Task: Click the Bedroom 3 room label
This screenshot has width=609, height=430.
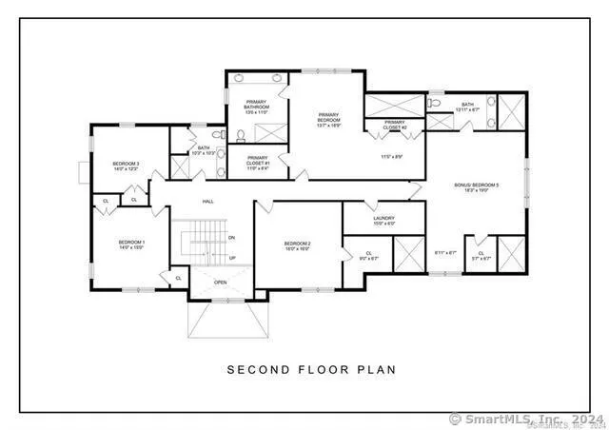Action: coord(127,166)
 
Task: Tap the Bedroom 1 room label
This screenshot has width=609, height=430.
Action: coord(130,244)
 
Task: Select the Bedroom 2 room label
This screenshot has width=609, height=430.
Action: coord(298,246)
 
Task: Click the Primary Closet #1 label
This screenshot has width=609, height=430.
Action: coord(257,162)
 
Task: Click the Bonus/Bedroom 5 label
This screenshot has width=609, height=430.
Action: coord(476,186)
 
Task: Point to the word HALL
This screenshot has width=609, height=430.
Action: coord(207,202)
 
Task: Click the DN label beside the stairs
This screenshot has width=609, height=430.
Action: coord(232,237)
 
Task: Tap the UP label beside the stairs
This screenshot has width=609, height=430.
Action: coord(232,258)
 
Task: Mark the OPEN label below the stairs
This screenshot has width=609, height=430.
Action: coord(220,283)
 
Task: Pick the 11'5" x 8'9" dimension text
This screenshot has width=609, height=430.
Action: coord(393,156)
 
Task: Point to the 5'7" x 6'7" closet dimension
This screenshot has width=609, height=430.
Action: coord(482,256)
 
